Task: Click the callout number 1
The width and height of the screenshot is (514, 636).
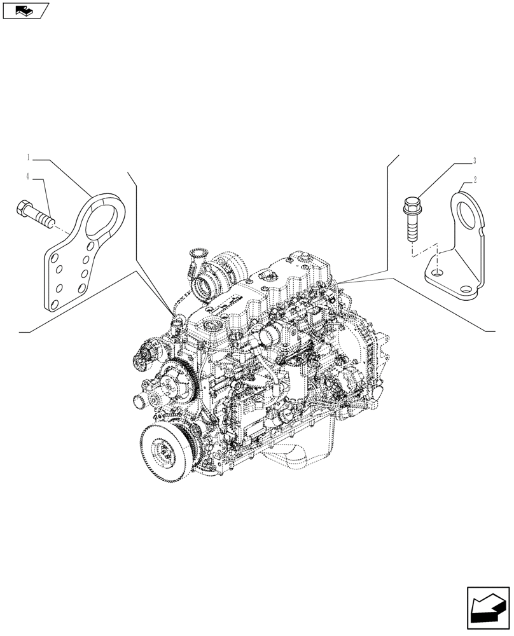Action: coord(29,156)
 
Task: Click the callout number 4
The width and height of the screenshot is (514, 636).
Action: coord(29,176)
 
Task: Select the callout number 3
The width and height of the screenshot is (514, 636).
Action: coord(474,161)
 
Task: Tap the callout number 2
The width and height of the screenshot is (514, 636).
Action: coord(474,180)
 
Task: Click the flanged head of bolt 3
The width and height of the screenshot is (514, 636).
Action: coord(410,205)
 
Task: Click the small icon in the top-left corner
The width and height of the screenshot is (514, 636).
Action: coord(25,11)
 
